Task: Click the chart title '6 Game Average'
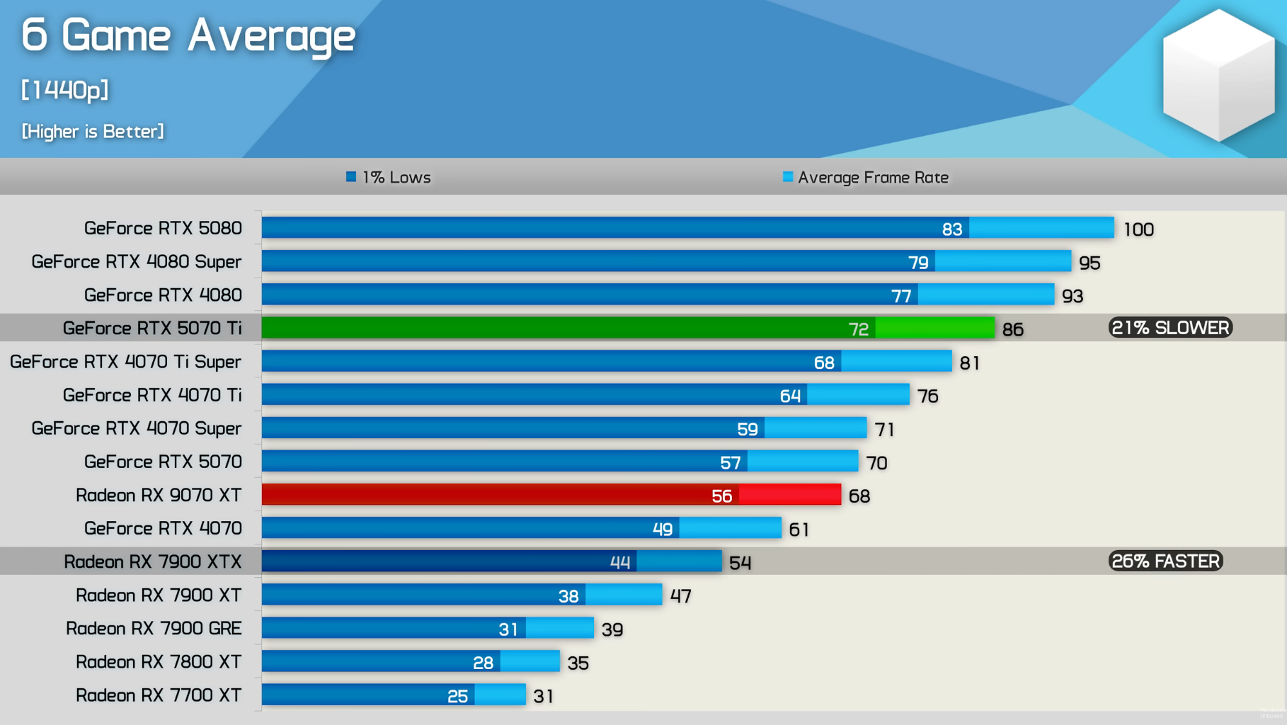pyautogui.click(x=188, y=35)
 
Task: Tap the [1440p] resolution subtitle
pyautogui.click(x=64, y=90)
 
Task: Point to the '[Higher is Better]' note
pyautogui.click(x=93, y=132)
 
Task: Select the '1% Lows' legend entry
pyautogui.click(x=389, y=177)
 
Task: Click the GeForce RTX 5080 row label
pyautogui.click(x=163, y=228)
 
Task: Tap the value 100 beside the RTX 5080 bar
pyautogui.click(x=1138, y=229)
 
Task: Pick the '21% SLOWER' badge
pyautogui.click(x=1170, y=328)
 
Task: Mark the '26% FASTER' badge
pyautogui.click(x=1166, y=561)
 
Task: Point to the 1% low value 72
pyautogui.click(x=858, y=329)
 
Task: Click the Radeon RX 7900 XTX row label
pyautogui.click(x=153, y=561)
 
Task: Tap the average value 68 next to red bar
pyautogui.click(x=859, y=496)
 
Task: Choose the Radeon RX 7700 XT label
pyautogui.click(x=159, y=695)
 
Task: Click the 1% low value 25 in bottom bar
pyautogui.click(x=457, y=697)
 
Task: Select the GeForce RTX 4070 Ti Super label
pyautogui.click(x=125, y=362)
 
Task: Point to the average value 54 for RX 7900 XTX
pyautogui.click(x=740, y=563)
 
